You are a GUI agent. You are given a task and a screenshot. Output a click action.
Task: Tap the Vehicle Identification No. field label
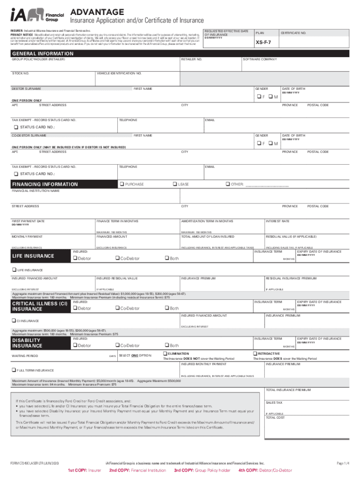point(119,73)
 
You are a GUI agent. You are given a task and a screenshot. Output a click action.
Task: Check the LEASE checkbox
point(174,184)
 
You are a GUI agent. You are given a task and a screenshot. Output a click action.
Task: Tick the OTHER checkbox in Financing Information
point(228,184)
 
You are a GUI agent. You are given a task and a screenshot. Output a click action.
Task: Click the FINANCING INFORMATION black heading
point(45,184)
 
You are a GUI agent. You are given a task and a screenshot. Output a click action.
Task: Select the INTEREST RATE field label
point(277,221)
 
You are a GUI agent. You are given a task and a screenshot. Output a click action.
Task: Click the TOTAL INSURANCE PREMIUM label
point(288,390)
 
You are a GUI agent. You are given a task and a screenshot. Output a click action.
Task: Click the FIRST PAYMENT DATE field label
point(28,221)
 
